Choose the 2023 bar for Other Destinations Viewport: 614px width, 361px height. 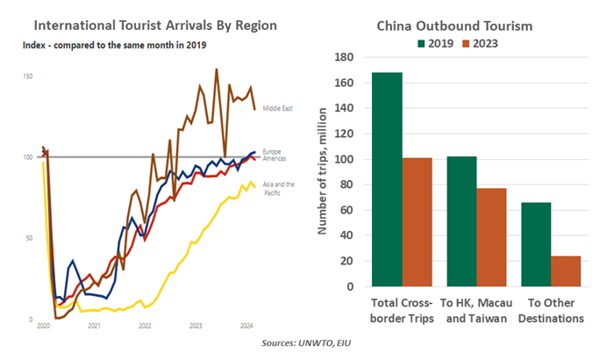[567, 271]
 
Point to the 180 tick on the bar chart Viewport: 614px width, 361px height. [345, 58]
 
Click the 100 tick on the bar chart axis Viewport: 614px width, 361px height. [345, 160]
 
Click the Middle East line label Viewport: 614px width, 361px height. [276, 108]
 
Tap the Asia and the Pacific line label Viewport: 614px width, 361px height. [278, 188]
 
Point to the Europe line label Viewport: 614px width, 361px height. [272, 151]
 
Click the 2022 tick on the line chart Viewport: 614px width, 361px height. [145, 325]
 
